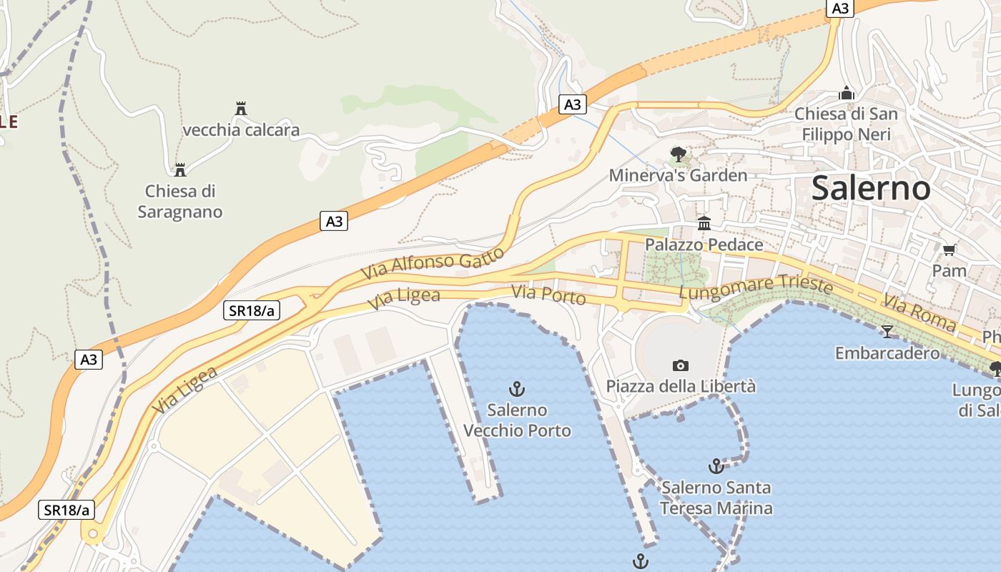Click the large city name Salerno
[871, 189]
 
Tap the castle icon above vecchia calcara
[241, 109]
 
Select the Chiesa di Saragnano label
[180, 202]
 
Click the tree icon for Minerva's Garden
[678, 154]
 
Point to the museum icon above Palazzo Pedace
[704, 224]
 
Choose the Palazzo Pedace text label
[704, 245]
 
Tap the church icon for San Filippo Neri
[847, 93]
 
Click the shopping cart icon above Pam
[949, 250]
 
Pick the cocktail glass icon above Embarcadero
[887, 331]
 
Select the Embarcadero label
[887, 352]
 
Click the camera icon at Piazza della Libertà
[681, 365]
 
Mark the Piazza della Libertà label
[681, 386]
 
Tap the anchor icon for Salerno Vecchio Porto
[516, 389]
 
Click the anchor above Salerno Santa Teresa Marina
[716, 466]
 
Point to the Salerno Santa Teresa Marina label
[716, 498]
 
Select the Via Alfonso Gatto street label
[432, 264]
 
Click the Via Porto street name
[548, 295]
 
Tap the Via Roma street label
[919, 312]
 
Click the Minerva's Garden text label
[678, 175]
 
